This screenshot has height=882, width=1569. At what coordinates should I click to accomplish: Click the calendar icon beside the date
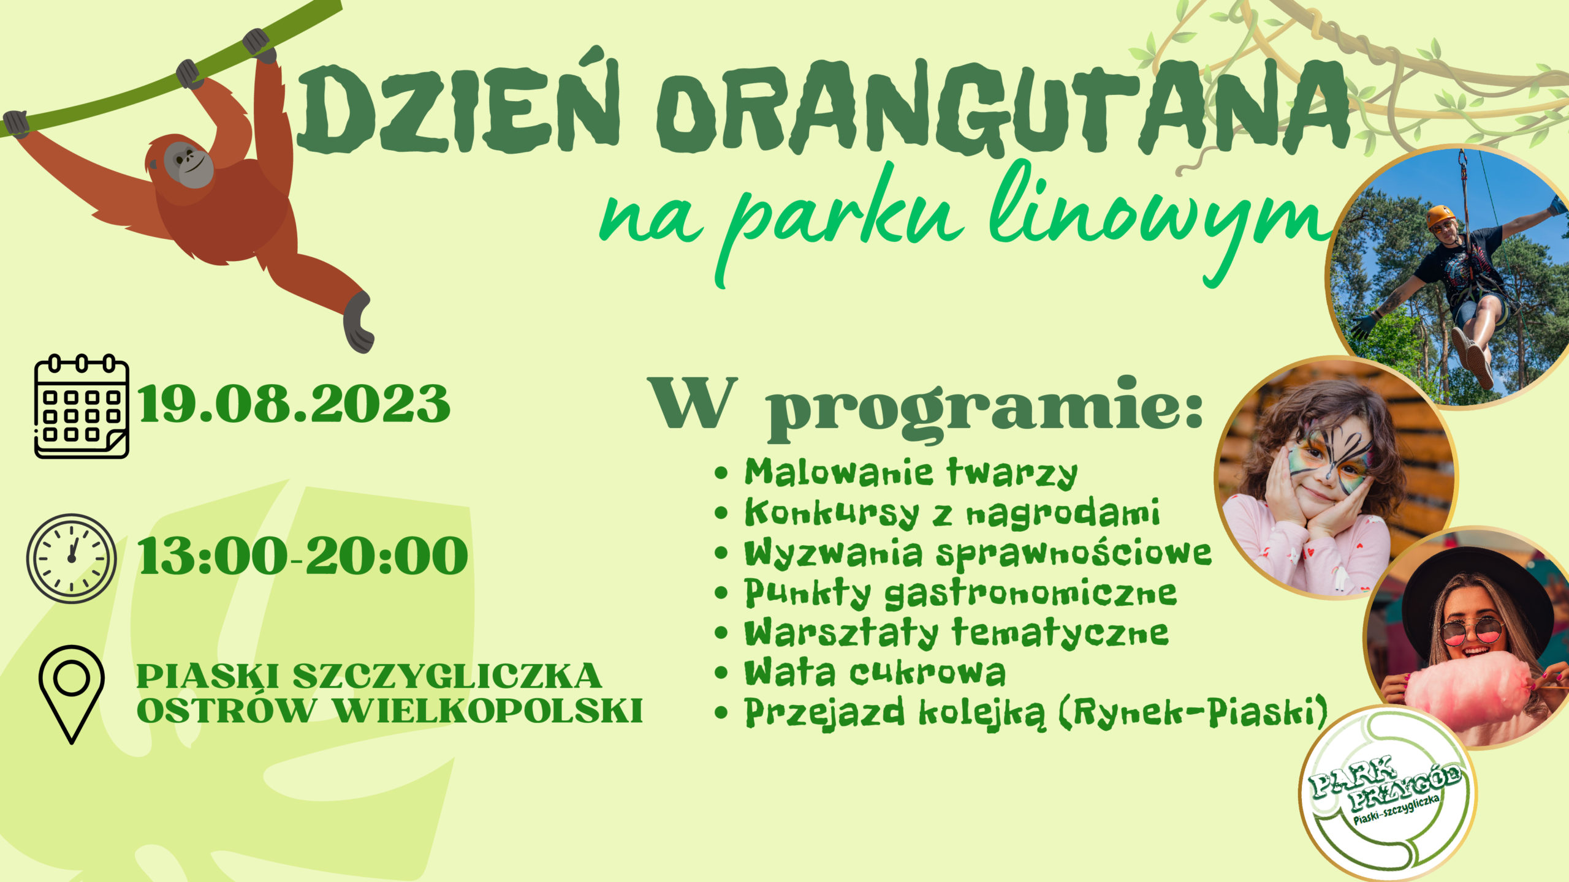pyautogui.click(x=82, y=406)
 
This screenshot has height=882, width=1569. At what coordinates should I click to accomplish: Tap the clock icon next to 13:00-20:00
pyautogui.click(x=71, y=558)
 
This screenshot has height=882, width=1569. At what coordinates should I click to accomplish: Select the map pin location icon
pyautogui.click(x=72, y=694)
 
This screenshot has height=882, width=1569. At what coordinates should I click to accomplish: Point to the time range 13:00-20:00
pyautogui.click(x=303, y=556)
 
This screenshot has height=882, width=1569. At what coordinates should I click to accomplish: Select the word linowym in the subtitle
pyautogui.click(x=1158, y=221)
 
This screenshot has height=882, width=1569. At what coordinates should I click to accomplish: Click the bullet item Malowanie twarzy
pyautogui.click(x=911, y=473)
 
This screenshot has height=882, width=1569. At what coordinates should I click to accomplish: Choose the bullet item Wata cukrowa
pyautogui.click(x=875, y=673)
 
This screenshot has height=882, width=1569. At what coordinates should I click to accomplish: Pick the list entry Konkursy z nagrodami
pyautogui.click(x=952, y=513)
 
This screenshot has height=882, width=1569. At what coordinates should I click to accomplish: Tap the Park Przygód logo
pyautogui.click(x=1387, y=794)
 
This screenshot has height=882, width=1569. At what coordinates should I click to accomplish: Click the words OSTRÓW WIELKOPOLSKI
pyautogui.click(x=390, y=710)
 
